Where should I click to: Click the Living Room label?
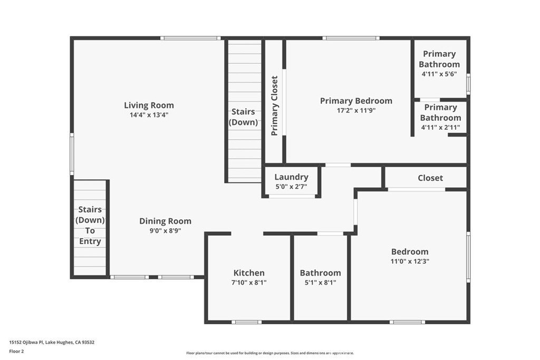(x=149, y=105)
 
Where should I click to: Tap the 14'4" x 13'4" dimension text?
(x=149, y=115)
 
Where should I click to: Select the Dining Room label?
(x=165, y=221)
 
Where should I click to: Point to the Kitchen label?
(x=249, y=273)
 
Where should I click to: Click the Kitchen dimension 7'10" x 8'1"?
(x=249, y=283)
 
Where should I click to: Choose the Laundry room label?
(x=291, y=177)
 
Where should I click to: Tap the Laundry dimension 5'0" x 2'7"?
(x=291, y=187)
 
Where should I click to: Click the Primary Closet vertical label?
(x=274, y=105)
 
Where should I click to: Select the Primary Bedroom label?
(x=356, y=101)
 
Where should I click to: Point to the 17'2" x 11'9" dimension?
(x=356, y=111)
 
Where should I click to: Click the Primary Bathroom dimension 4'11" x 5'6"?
(x=439, y=74)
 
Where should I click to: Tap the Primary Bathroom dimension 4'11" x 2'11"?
(x=440, y=128)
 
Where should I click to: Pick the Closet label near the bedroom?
(x=430, y=178)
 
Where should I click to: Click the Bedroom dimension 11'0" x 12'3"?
(x=410, y=261)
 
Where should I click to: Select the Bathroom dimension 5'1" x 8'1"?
(x=320, y=283)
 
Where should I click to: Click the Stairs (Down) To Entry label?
(x=90, y=226)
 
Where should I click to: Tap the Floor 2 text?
(x=16, y=352)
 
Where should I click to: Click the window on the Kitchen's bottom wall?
(x=246, y=322)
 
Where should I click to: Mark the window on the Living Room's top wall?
(x=190, y=38)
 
